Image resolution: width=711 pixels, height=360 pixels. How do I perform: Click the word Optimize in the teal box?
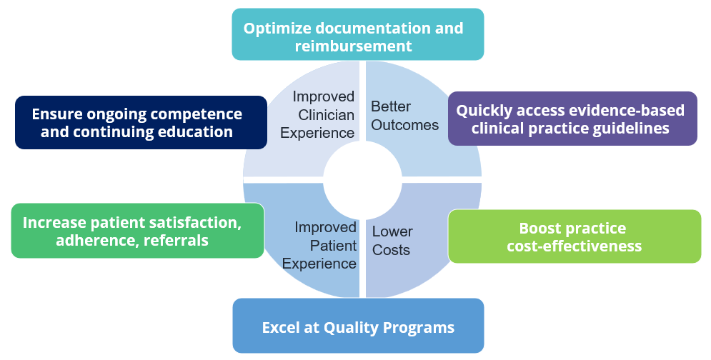[277, 29]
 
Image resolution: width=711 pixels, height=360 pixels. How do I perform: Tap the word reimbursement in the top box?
[354, 46]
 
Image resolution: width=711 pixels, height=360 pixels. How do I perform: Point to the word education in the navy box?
[195, 132]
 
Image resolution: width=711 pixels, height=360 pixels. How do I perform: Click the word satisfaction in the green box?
[195, 223]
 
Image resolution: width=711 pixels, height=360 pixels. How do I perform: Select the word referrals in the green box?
[176, 240]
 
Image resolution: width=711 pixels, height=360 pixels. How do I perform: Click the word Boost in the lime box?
[540, 228]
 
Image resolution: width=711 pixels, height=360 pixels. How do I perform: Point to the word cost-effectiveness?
[575, 246]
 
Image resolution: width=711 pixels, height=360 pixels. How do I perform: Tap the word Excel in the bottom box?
[281, 328]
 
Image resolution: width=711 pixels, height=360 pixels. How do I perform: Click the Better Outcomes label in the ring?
[405, 116]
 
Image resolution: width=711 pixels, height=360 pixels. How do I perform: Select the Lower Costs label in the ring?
[393, 241]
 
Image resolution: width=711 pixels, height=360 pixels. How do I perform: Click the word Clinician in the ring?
[326, 115]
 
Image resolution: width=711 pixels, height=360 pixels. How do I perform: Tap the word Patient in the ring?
[333, 246]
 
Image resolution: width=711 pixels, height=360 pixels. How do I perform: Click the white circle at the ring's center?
[362, 180]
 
